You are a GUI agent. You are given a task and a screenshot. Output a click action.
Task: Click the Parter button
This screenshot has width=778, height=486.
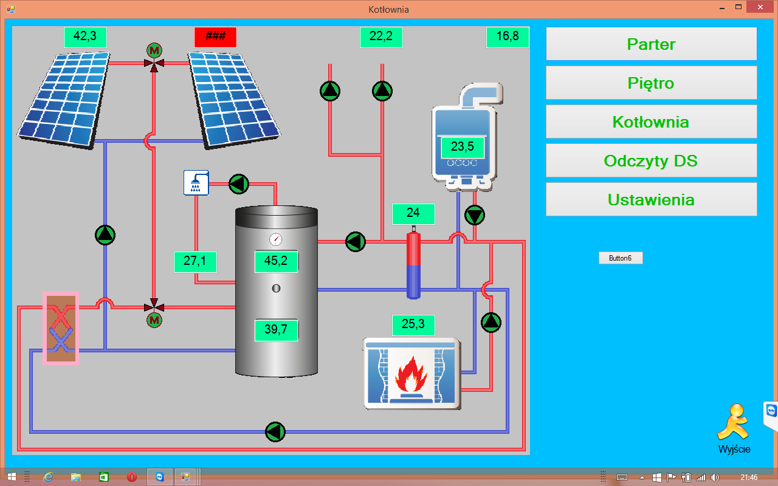tap(651, 44)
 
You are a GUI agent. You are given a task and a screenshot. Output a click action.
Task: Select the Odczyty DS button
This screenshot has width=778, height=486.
tap(651, 160)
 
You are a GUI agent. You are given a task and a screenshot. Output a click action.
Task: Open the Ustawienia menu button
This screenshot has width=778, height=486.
tap(651, 199)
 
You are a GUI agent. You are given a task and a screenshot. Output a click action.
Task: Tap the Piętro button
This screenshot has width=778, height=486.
tap(651, 83)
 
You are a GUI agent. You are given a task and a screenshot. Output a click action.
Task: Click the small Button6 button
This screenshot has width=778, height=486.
tap(620, 258)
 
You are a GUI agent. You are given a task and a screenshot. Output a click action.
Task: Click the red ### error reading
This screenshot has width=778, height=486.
tap(215, 36)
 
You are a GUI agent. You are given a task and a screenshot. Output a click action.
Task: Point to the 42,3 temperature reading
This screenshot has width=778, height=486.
tap(85, 36)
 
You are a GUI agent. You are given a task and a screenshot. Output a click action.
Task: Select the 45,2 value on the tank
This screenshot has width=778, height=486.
tap(276, 261)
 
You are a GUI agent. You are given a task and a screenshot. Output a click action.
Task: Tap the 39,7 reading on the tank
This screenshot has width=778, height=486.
tap(276, 330)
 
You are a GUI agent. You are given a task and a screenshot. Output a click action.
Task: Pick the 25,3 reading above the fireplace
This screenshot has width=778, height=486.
tap(413, 324)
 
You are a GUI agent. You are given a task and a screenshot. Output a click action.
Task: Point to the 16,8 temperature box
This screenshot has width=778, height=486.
tap(508, 36)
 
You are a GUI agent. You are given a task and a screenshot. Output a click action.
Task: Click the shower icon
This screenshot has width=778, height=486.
tap(196, 182)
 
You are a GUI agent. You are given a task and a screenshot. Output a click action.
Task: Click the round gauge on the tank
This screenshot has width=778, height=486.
tap(276, 239)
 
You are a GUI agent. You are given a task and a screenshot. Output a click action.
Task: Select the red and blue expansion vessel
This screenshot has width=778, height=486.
tap(413, 264)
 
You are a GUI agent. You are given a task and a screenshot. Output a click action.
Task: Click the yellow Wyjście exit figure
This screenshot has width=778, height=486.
tap(732, 422)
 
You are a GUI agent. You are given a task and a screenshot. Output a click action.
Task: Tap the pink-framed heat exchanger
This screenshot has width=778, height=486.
tap(61, 328)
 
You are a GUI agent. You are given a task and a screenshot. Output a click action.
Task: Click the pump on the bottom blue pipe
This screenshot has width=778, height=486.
tap(275, 432)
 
